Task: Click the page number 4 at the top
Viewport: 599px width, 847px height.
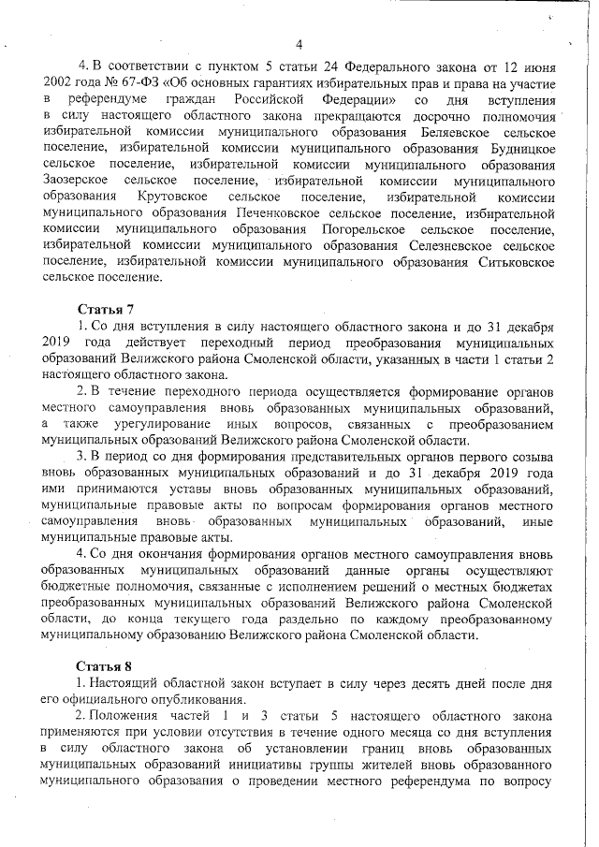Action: (299, 45)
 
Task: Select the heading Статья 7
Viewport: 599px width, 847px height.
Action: (105, 309)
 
